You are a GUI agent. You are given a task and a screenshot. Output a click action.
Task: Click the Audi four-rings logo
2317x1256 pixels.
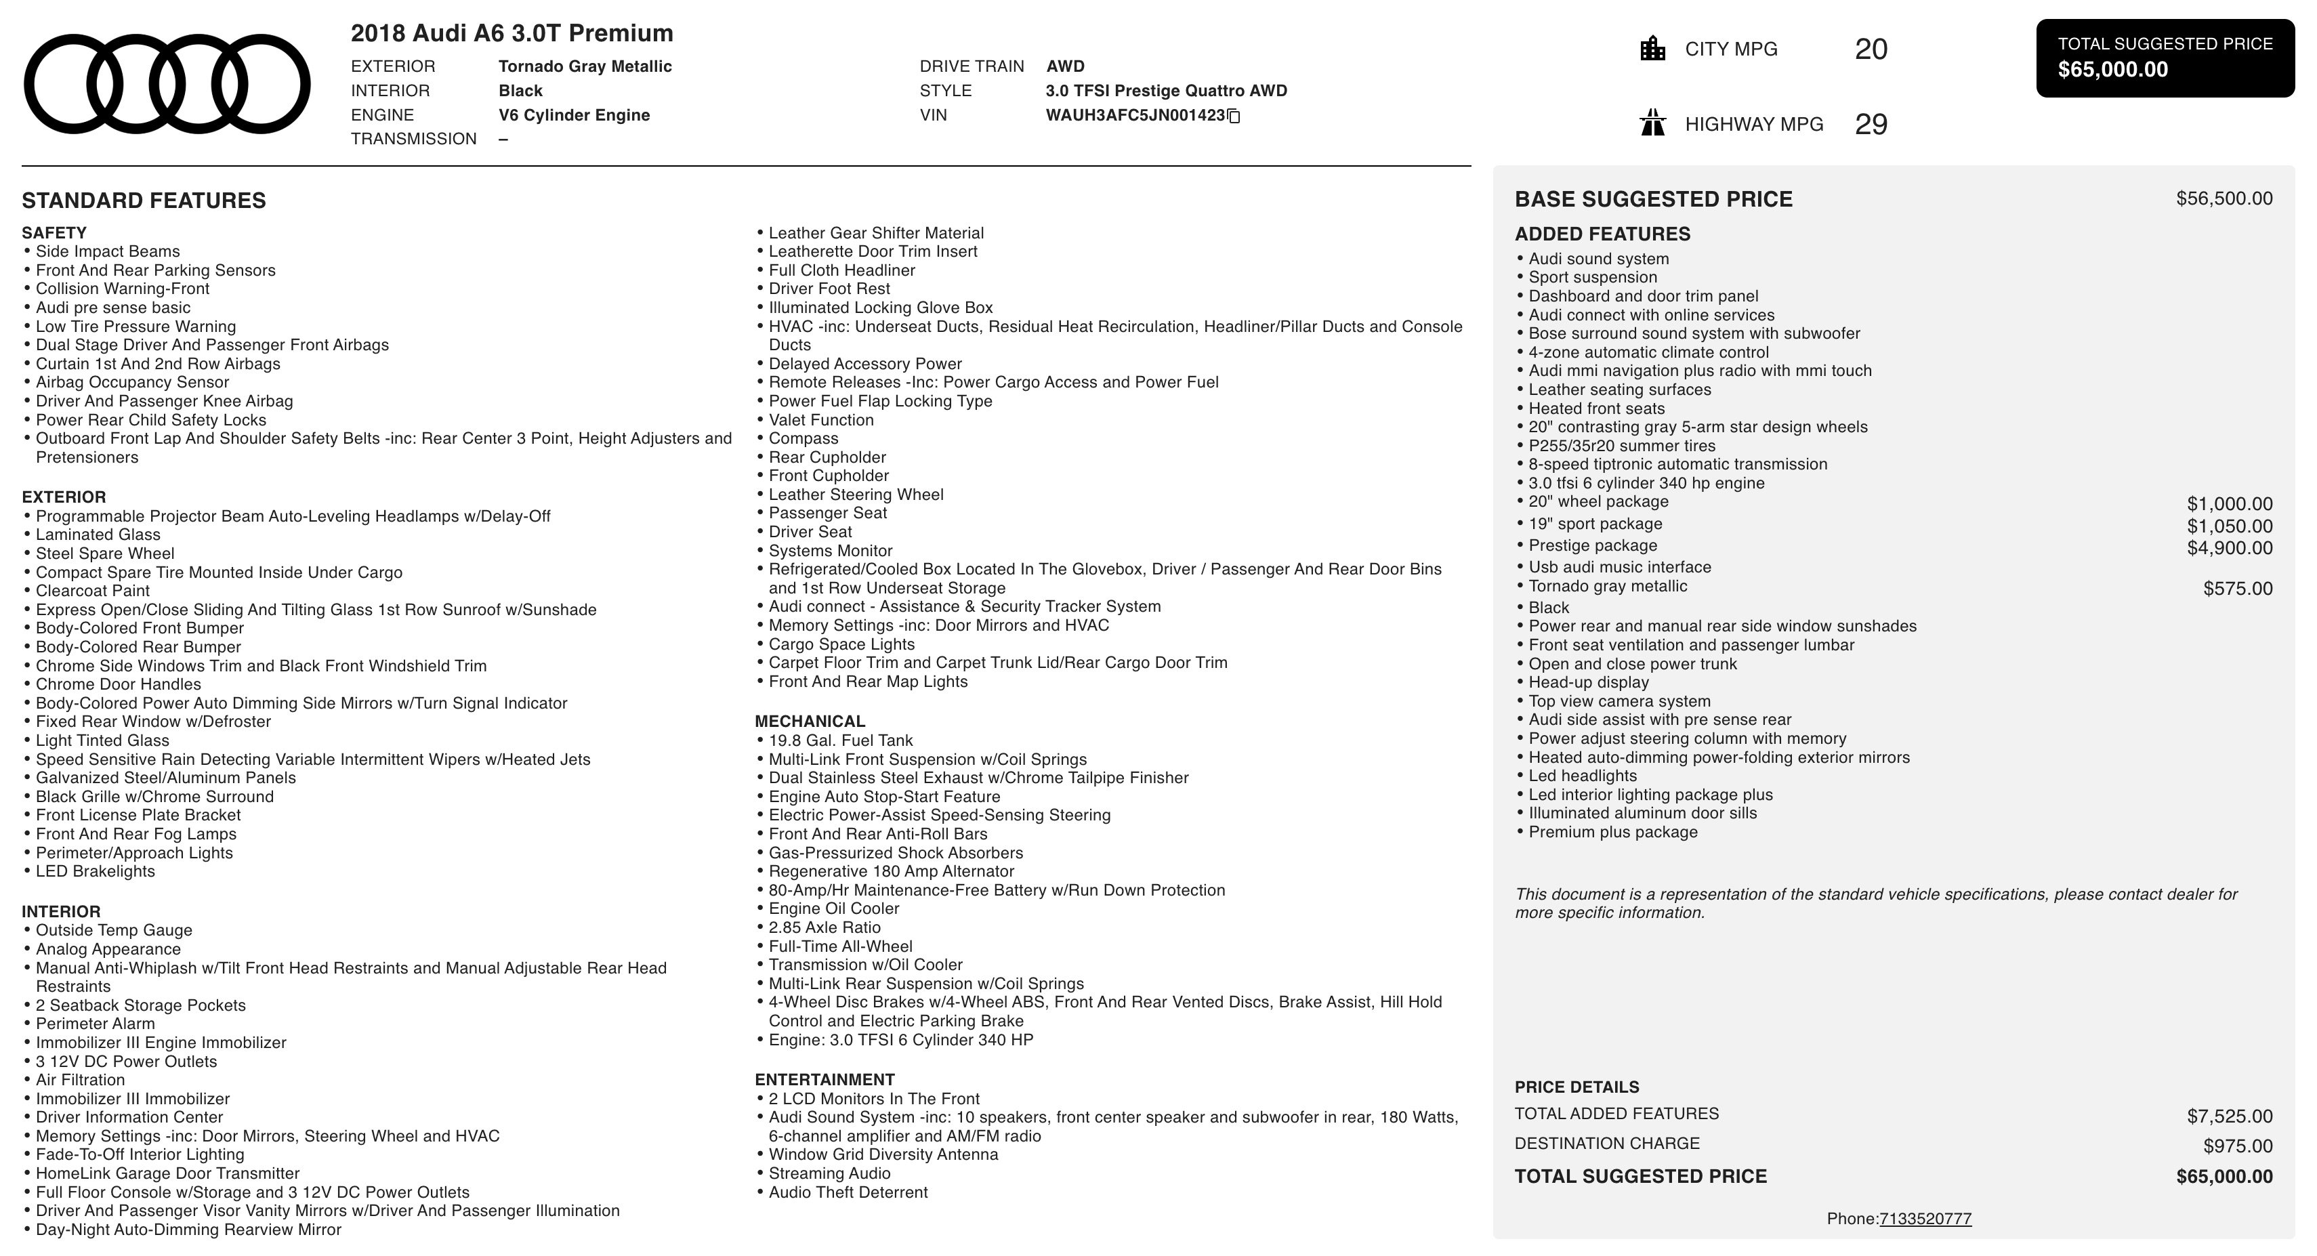click(x=167, y=84)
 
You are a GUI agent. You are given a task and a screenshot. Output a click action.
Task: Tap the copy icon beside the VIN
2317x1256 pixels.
click(x=1234, y=116)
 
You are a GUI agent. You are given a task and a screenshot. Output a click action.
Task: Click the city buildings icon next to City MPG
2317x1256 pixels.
click(x=1652, y=49)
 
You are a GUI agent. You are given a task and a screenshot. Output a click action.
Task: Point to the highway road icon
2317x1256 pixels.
click(x=1652, y=123)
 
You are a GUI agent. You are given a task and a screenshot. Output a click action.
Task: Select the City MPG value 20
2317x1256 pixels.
click(x=1871, y=49)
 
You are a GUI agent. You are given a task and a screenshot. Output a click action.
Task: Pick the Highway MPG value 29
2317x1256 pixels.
click(x=1871, y=124)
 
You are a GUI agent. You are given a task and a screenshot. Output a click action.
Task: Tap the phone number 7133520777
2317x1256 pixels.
click(x=1925, y=1219)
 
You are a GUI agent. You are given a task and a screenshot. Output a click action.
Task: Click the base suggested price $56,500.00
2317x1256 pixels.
click(x=2224, y=199)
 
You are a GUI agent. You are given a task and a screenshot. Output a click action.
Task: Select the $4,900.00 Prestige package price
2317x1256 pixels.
click(x=2229, y=548)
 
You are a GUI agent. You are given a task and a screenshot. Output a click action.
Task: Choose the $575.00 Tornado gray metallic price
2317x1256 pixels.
click(x=2237, y=589)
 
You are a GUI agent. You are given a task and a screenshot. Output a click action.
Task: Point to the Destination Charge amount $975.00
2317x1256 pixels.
click(x=2237, y=1146)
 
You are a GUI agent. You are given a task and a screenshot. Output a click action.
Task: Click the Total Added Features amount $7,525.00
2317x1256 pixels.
click(x=2229, y=1116)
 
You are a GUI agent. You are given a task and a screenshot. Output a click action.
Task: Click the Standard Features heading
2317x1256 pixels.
click(x=144, y=201)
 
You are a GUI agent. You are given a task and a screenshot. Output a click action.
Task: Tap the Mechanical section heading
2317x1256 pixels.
click(x=810, y=721)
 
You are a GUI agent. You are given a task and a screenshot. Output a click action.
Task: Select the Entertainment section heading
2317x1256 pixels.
click(x=824, y=1080)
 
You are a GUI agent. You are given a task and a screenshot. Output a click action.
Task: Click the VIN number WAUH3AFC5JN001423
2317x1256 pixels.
click(x=1135, y=115)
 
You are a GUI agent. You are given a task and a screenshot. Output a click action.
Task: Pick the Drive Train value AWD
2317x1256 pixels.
click(x=1065, y=66)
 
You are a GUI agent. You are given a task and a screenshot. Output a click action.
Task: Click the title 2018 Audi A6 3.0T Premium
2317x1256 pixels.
click(x=512, y=33)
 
